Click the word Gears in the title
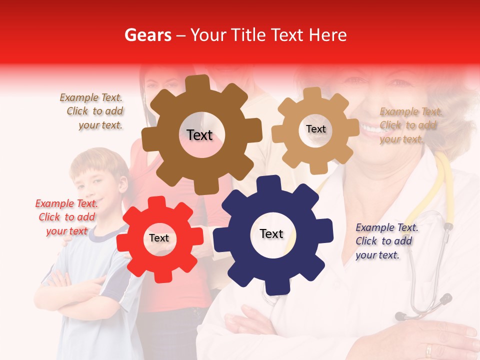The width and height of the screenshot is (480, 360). click(x=147, y=35)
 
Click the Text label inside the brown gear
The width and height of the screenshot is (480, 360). click(x=199, y=135)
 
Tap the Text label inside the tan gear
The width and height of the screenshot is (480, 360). click(x=315, y=129)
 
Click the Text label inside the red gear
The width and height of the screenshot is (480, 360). click(x=159, y=238)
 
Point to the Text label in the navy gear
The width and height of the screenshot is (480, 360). click(x=271, y=234)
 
